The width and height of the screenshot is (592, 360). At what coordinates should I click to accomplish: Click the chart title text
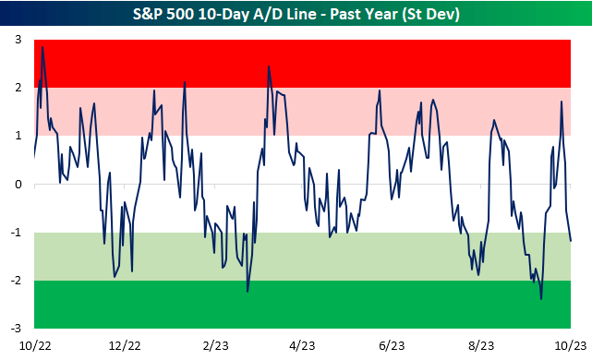(296, 15)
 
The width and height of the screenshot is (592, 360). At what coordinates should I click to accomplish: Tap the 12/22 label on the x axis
(125, 345)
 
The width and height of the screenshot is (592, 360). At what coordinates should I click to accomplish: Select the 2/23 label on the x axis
(215, 345)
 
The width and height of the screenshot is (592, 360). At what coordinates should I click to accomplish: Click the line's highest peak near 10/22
(42, 47)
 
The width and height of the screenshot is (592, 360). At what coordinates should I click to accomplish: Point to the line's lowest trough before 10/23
(541, 298)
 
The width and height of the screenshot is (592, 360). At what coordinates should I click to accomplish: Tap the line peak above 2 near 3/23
(269, 66)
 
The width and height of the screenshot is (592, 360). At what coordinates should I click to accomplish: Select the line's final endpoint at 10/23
(571, 241)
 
